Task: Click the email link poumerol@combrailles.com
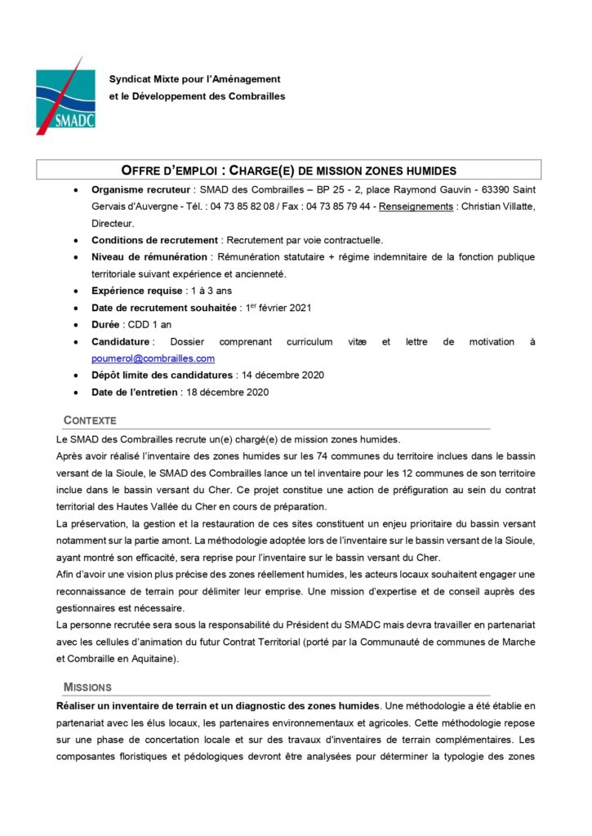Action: click(153, 358)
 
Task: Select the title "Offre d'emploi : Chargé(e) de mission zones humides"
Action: click(288, 170)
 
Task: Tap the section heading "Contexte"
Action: click(90, 420)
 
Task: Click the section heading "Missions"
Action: click(87, 687)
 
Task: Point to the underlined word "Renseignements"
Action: click(416, 207)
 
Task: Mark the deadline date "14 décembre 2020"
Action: click(280, 375)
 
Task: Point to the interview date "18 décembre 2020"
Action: click(225, 392)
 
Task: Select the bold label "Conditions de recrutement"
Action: click(154, 240)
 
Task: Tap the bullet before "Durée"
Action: click(76, 325)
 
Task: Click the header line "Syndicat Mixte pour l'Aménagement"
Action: click(195, 79)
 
